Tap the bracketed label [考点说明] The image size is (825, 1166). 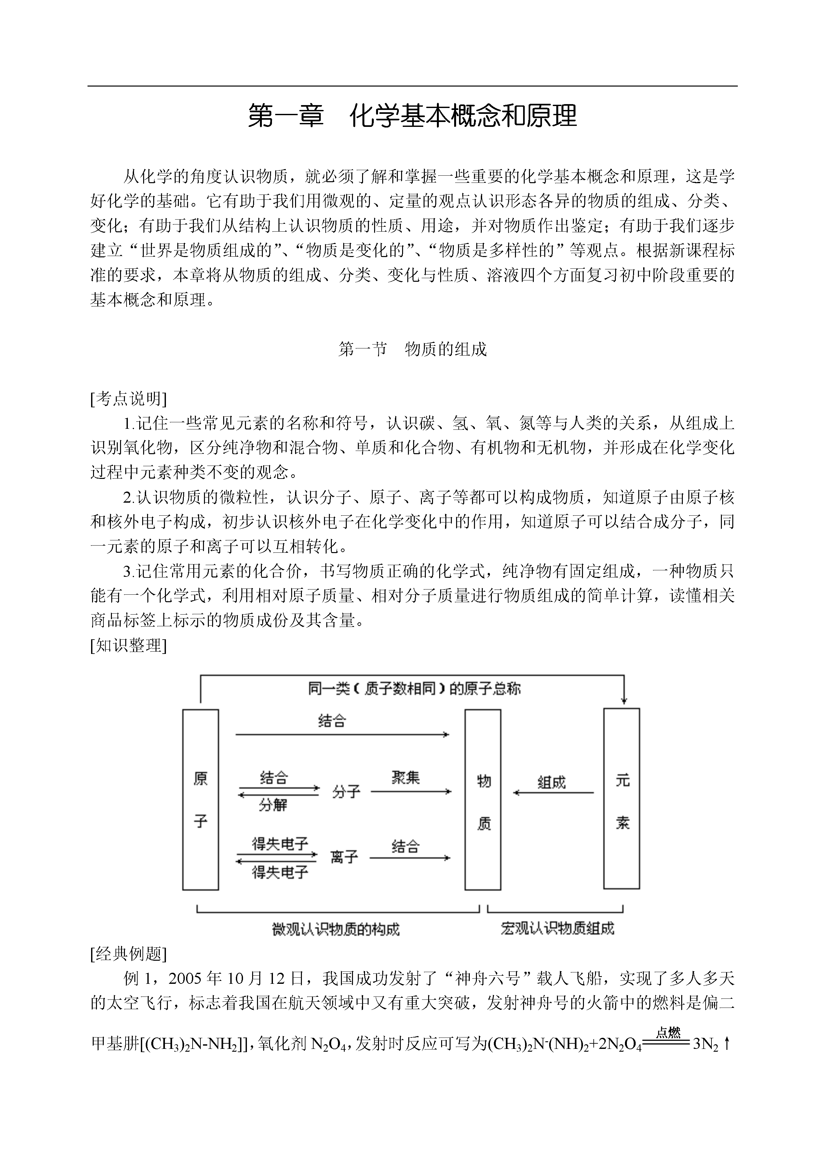128,399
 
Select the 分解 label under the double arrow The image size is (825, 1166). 273,805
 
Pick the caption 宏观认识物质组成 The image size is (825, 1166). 557,929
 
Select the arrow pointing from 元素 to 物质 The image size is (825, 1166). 554,793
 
